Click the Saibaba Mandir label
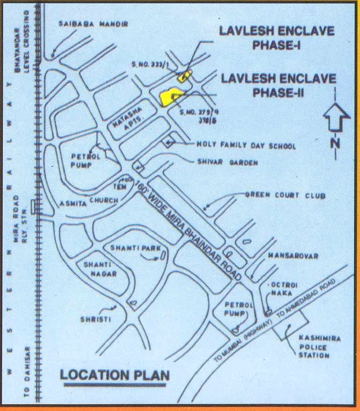92,25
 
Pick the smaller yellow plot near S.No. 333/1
185,76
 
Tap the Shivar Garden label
227,162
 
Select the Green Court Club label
285,196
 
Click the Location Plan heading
114,375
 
